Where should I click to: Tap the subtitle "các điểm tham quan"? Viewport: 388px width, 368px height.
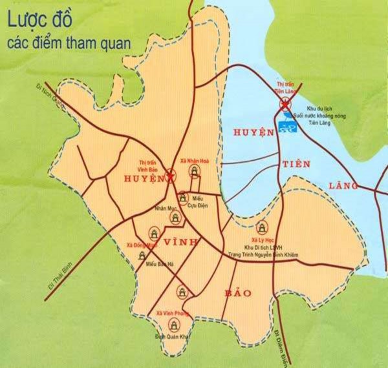[x=69, y=43]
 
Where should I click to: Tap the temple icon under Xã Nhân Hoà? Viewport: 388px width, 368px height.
[x=193, y=172]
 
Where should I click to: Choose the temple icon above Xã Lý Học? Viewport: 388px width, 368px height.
[x=262, y=227]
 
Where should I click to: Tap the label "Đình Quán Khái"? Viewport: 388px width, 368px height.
[x=169, y=337]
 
